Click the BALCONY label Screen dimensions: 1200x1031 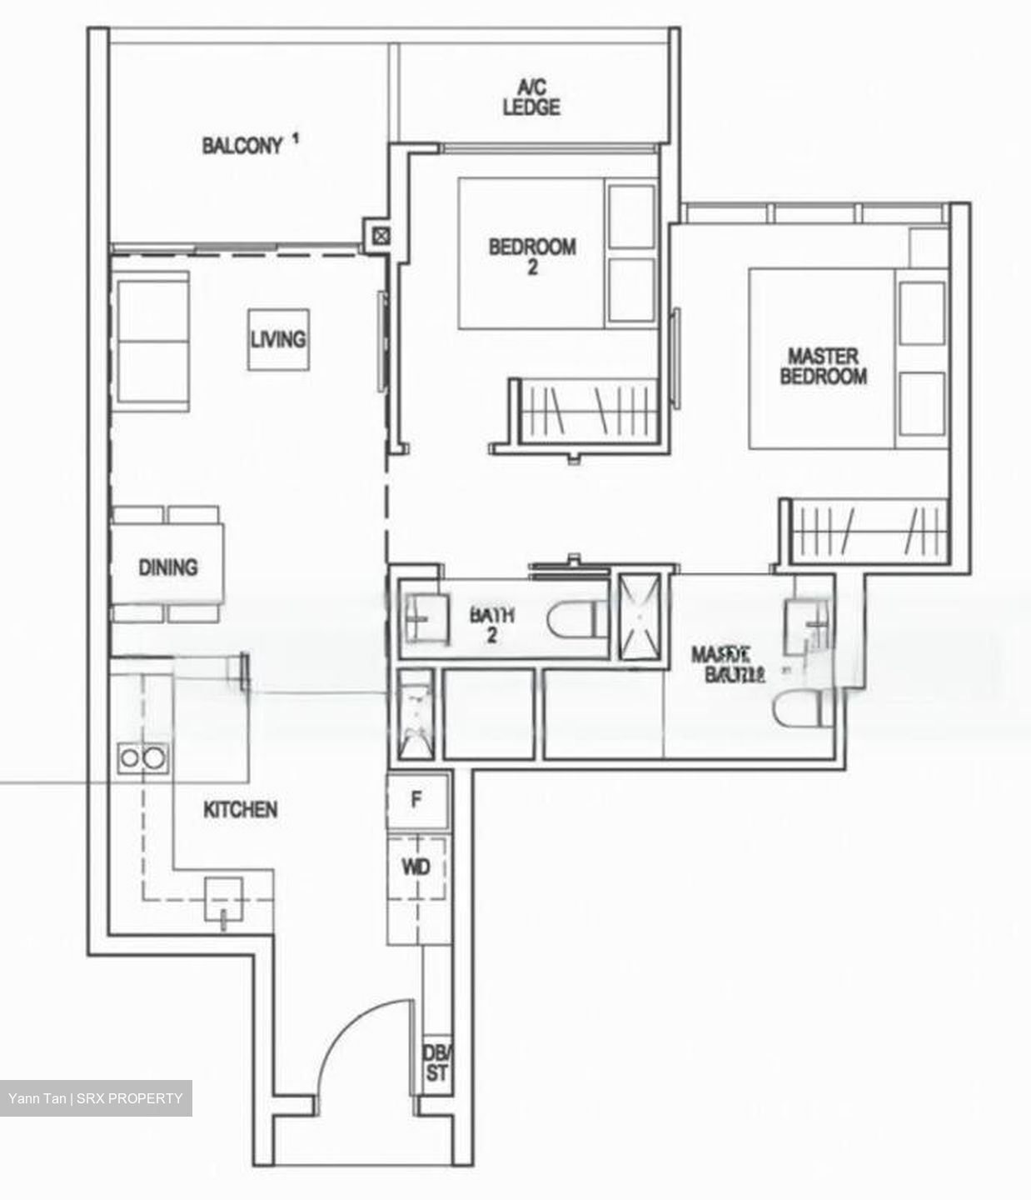(242, 146)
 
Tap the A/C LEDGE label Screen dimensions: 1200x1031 (530, 97)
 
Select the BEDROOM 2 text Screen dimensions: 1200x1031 (532, 256)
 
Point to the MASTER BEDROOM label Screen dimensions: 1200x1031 (823, 367)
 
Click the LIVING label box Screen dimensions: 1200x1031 (278, 339)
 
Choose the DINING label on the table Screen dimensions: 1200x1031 (168, 567)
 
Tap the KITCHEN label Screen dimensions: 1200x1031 (241, 809)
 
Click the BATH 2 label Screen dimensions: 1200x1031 (492, 625)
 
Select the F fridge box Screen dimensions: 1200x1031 (417, 800)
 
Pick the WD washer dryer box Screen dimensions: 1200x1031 (416, 867)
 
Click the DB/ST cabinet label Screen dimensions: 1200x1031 (436, 1063)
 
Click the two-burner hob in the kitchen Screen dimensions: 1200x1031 (142, 757)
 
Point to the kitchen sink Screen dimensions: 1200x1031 (225, 899)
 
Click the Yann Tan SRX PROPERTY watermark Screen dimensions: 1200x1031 (96, 1098)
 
